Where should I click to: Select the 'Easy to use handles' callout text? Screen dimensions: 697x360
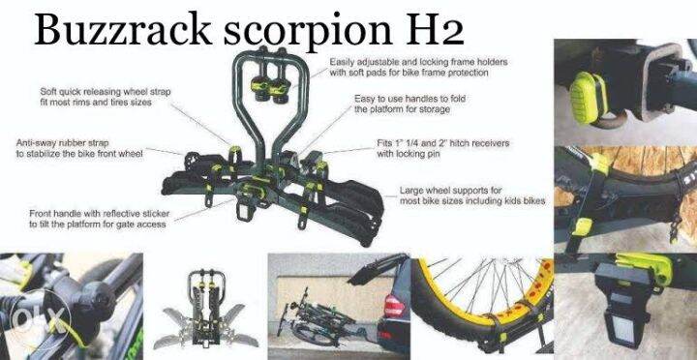(x=422, y=104)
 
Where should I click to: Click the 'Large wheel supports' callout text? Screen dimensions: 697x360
(x=472, y=195)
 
